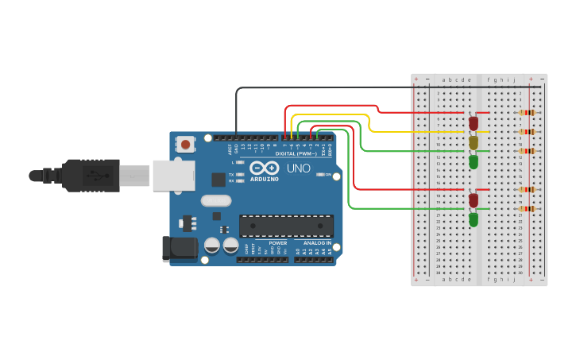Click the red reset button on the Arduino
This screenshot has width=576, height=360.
pos(185,144)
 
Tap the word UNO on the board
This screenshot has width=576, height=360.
pos(298,168)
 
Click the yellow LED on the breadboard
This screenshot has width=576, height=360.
pos(474,142)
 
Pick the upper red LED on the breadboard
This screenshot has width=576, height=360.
pos(474,123)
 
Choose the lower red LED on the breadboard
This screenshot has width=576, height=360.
pos(474,200)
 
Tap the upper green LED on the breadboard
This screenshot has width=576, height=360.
pos(474,161)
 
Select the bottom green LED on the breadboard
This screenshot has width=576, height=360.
pos(474,219)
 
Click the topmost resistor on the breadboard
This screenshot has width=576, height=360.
pos(527,112)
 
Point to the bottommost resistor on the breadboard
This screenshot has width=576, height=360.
pos(527,208)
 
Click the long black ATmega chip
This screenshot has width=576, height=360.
pos(286,226)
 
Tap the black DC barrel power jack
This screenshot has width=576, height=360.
pos(180,249)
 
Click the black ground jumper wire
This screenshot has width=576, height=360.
pos(318,87)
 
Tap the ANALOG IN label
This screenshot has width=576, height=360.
pos(317,242)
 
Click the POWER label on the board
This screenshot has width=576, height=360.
pos(277,242)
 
